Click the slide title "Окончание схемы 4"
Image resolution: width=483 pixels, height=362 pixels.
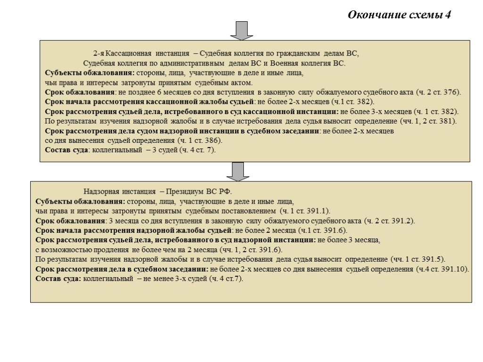pyautogui.click(x=399, y=15)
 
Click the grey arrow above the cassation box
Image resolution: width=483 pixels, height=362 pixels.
pyautogui.click(x=241, y=30)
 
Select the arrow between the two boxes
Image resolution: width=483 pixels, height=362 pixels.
pyautogui.click(x=238, y=171)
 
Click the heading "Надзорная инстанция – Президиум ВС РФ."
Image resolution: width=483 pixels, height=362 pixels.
pyautogui.click(x=158, y=192)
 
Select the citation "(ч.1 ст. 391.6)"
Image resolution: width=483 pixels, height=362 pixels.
pyautogui.click(x=322, y=230)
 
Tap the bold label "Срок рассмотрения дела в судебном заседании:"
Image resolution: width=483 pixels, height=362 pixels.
pyautogui.click(x=122, y=269)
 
